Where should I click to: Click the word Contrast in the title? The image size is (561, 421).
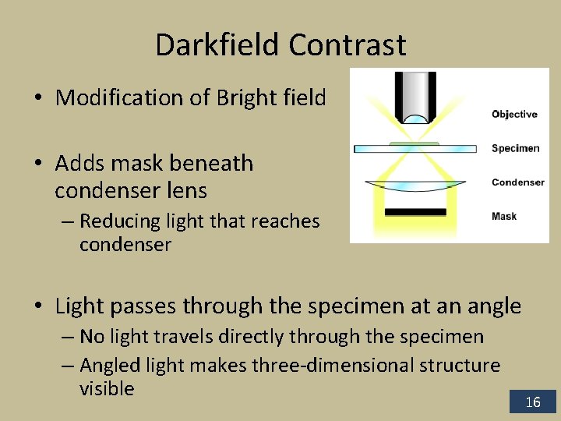(347, 45)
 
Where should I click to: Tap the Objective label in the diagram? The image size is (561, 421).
(514, 115)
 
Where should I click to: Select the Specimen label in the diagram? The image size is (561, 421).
(515, 148)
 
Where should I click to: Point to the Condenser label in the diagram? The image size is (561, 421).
(518, 182)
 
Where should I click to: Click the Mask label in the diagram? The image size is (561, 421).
(504, 216)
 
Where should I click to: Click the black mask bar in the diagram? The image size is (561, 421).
(415, 211)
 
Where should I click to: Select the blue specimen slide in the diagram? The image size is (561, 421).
(415, 148)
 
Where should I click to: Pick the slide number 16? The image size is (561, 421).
(533, 402)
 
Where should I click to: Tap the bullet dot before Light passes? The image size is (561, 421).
(38, 307)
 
